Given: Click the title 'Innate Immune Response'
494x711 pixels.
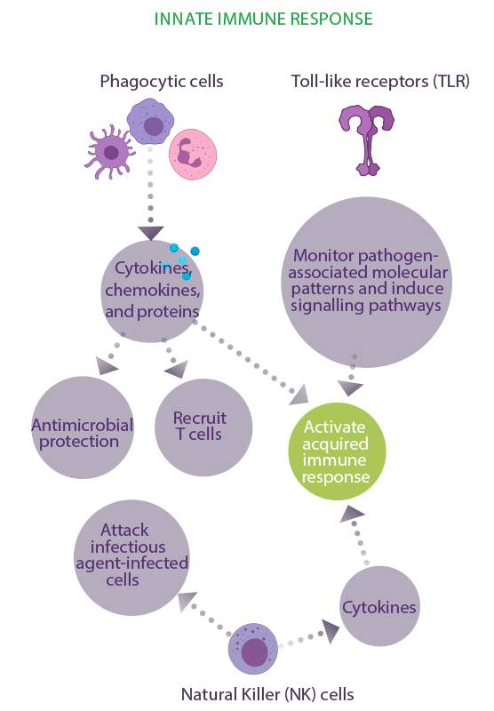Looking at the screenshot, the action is point(263,19).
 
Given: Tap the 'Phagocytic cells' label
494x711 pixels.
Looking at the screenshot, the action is point(162,82).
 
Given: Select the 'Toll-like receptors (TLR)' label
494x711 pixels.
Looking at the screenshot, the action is point(380,82).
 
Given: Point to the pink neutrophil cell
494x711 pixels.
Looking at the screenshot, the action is point(193,154).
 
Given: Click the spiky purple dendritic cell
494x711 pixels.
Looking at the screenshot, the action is point(110,152).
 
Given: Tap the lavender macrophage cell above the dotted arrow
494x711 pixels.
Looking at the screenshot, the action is point(150,122).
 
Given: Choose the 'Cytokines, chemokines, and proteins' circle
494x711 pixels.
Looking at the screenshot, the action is point(152,292).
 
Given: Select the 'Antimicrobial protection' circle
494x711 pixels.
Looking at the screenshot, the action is point(83,427).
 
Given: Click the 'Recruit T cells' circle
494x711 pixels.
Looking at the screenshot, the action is point(203,427).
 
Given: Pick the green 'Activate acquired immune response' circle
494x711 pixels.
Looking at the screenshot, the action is point(337,451).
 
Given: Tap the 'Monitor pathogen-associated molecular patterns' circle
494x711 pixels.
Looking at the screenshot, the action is point(366,282).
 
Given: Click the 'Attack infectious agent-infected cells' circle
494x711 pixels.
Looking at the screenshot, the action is point(131,557).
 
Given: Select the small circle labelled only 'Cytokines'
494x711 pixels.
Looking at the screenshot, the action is point(379,606).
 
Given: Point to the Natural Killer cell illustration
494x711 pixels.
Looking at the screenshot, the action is point(253,649).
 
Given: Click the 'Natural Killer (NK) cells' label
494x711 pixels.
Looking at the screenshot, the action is point(267,694).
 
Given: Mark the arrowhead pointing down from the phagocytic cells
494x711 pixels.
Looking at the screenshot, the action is point(151,233).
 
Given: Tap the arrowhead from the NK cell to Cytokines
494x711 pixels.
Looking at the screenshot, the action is point(331,631).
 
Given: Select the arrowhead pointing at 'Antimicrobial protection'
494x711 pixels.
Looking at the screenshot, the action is point(105,366).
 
